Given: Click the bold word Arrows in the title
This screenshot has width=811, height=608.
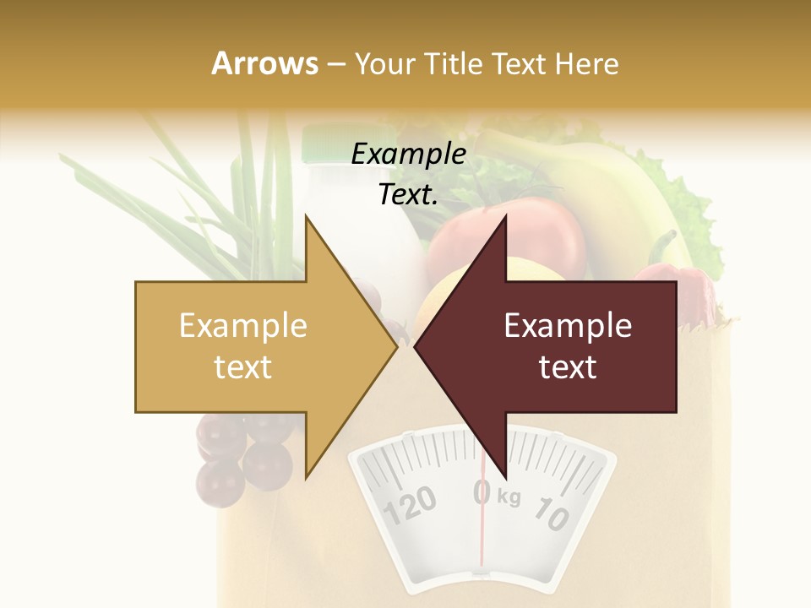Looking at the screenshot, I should pyautogui.click(x=264, y=63).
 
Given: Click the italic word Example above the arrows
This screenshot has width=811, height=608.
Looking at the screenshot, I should pyautogui.click(x=408, y=155).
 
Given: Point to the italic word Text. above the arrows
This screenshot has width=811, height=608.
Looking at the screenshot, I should pyautogui.click(x=408, y=195).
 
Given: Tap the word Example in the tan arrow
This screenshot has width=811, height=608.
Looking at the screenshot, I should pyautogui.click(x=243, y=326).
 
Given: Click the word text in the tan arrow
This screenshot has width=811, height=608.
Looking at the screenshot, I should pyautogui.click(x=243, y=367).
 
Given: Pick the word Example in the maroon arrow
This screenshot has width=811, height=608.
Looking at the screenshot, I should pyautogui.click(x=568, y=326).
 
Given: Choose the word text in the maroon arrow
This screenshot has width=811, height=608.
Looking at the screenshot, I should pyautogui.click(x=568, y=367).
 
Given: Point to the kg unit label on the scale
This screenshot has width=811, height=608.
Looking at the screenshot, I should pyautogui.click(x=509, y=497).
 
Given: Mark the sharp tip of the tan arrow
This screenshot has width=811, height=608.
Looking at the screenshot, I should pyautogui.click(x=396, y=346).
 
